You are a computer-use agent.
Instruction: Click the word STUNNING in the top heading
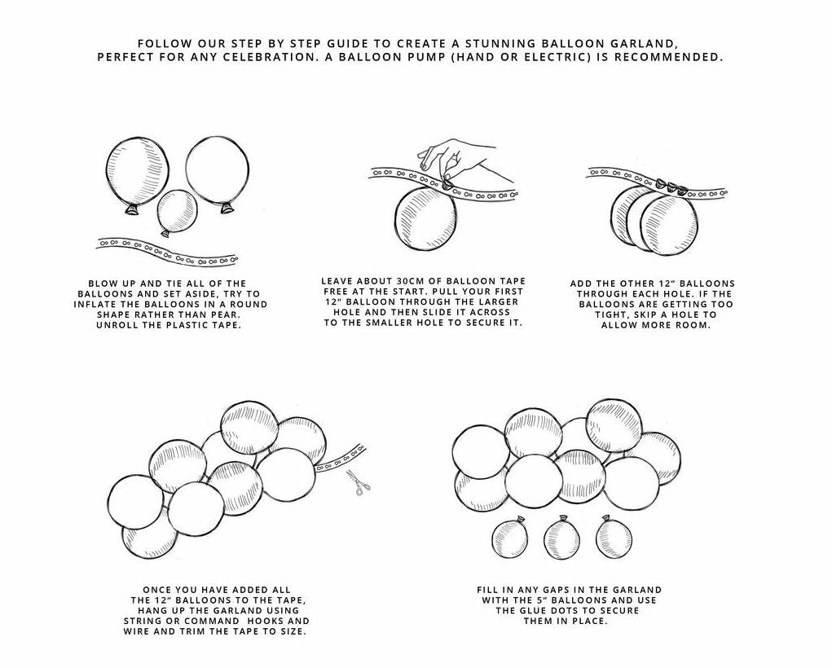coord(498,43)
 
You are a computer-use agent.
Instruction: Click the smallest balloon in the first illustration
coord(177,213)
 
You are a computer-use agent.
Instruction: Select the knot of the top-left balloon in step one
coord(132,211)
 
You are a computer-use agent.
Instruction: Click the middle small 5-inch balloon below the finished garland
coord(562,538)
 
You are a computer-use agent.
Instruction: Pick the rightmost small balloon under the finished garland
coord(614,537)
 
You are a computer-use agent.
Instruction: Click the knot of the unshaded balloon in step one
coord(227,209)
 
